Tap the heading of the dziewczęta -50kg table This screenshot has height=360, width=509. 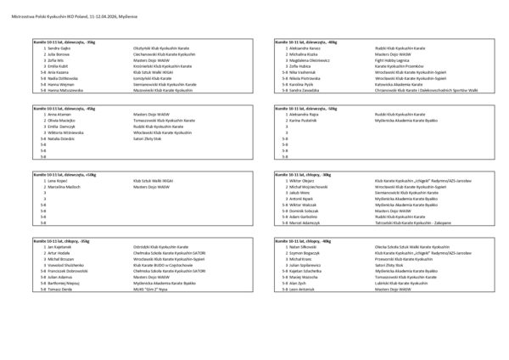point(306,109)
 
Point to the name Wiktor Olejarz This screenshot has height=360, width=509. point(304,181)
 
